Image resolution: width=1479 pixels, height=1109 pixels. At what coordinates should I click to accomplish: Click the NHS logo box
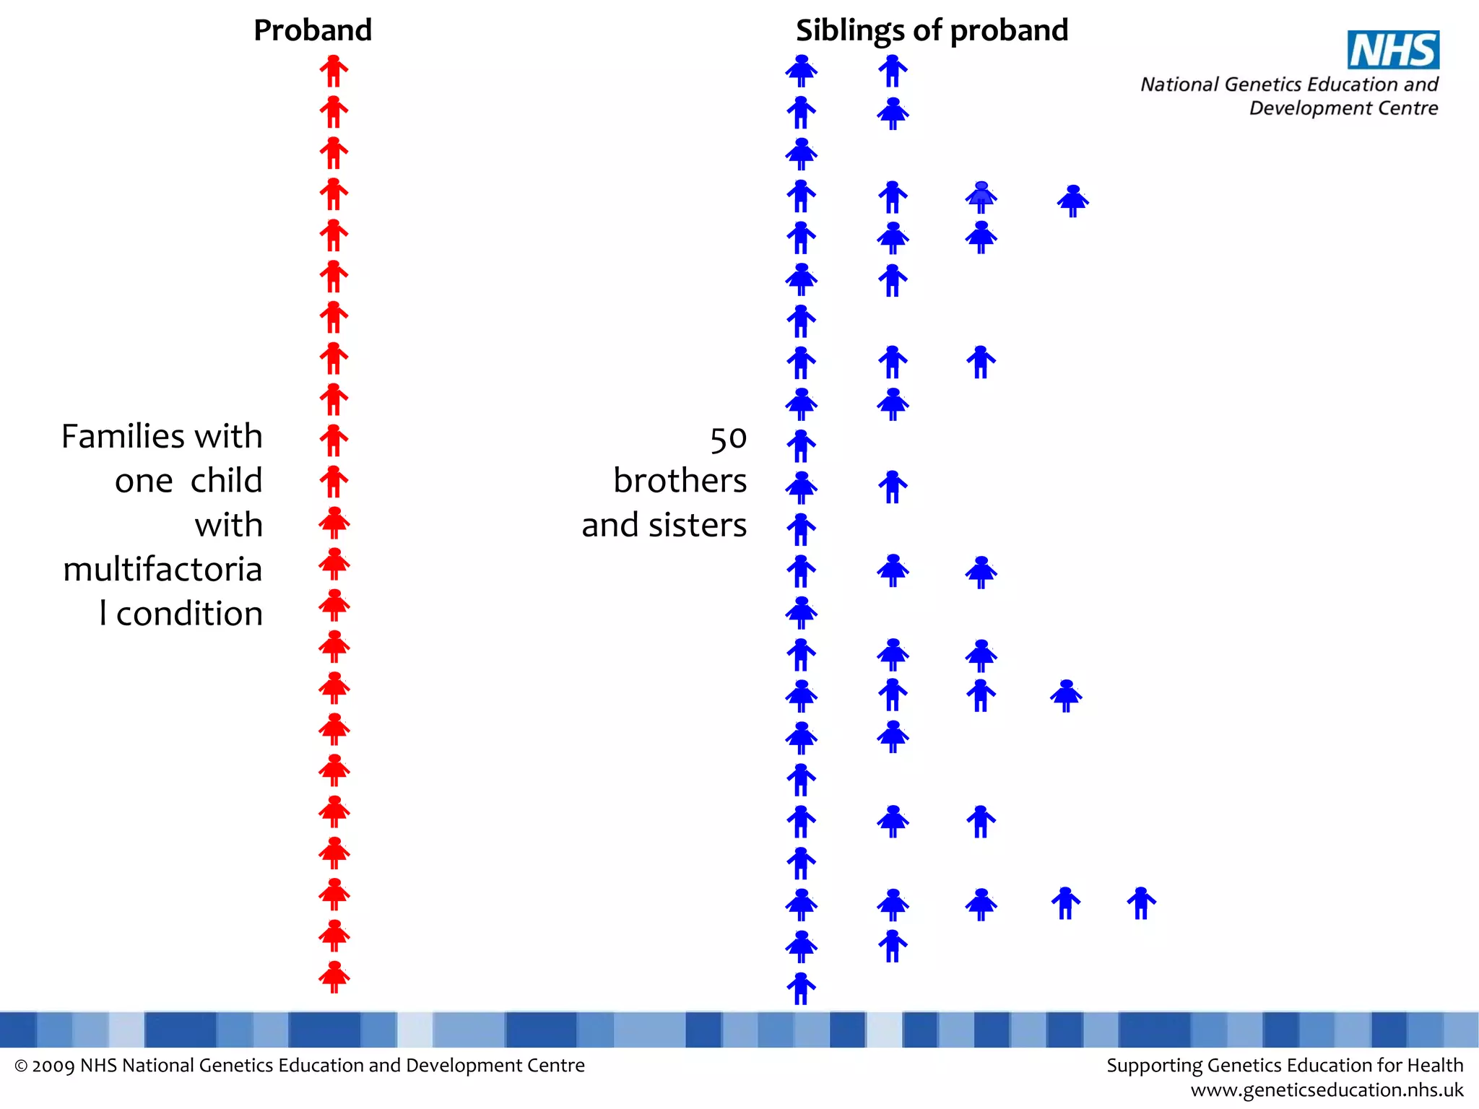1393,50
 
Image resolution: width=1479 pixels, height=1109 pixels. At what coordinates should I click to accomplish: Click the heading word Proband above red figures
313,30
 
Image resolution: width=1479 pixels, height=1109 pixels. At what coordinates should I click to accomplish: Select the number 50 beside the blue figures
728,439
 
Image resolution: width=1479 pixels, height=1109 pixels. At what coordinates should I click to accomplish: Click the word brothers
680,481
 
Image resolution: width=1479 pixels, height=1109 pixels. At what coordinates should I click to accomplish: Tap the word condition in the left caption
189,614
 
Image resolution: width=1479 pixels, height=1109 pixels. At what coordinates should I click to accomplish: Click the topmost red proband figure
334,71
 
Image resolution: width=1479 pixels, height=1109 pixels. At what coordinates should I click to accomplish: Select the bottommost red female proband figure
334,977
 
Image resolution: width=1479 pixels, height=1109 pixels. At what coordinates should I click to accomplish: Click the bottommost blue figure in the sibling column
801,988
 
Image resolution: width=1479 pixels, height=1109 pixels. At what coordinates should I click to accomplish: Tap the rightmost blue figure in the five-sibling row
1141,903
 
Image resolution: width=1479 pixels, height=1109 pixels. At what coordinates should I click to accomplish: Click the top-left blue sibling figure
801,71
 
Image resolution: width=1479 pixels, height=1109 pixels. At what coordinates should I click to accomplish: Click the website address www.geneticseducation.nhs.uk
1327,1090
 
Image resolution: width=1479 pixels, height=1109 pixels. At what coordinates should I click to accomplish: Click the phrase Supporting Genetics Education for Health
1285,1066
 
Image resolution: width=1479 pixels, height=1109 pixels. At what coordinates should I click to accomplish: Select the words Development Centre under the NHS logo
1343,108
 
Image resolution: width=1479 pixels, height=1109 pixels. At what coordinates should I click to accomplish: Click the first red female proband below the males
334,523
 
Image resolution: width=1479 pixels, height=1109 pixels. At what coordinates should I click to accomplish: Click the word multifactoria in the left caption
162,570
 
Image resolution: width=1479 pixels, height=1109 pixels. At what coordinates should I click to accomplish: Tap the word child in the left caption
226,481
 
